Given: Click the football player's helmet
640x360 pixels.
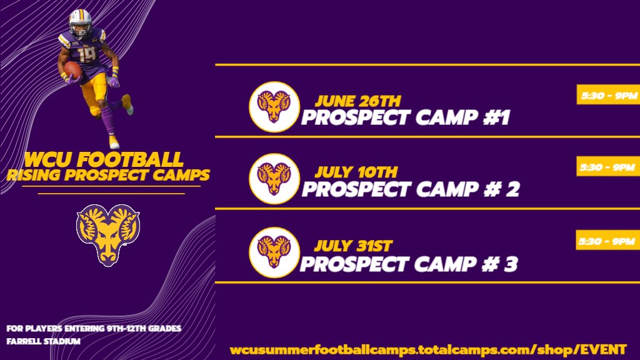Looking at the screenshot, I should coord(80,22).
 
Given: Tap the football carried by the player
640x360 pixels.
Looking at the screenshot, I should coord(73,69).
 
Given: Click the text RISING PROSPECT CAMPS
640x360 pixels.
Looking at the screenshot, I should coord(107,174).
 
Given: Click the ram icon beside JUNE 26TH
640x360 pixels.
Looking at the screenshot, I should coord(274,107).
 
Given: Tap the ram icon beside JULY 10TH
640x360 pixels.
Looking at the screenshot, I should coord(274,179).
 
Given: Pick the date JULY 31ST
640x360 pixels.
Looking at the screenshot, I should coord(353,246).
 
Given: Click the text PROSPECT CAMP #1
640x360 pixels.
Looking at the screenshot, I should coord(405,117).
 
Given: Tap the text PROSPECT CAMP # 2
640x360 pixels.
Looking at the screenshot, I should coord(410,189).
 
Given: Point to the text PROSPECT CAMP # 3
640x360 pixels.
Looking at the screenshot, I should coord(409,264).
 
